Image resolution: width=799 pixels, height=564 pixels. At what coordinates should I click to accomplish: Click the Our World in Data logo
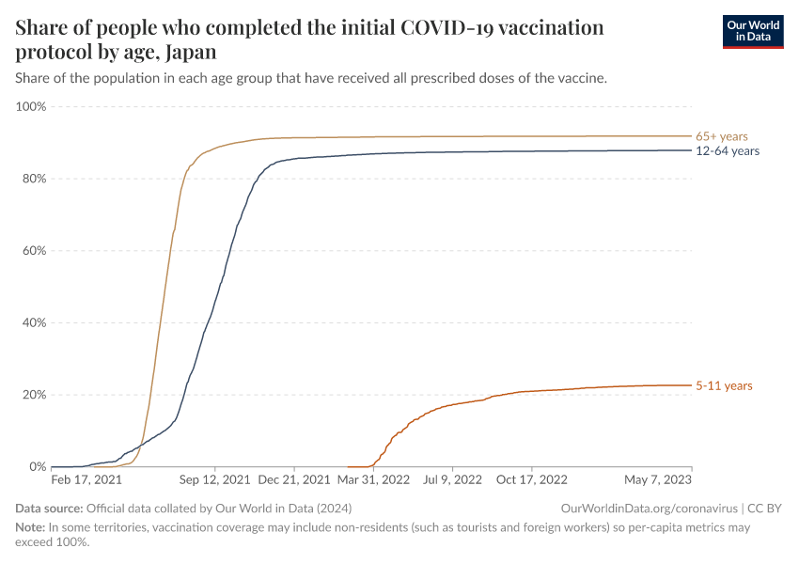(x=752, y=31)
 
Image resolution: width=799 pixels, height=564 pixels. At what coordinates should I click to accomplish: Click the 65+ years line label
(x=721, y=136)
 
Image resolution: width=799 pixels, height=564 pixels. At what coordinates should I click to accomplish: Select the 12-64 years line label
(x=727, y=150)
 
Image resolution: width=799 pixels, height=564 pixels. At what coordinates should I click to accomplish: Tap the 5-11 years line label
(x=724, y=385)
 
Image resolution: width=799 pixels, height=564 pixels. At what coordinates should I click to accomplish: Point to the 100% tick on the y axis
(x=31, y=106)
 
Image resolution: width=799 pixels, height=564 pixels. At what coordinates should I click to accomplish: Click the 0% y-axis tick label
(x=37, y=466)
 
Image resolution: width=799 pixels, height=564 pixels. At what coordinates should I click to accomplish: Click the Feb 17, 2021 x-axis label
(x=86, y=479)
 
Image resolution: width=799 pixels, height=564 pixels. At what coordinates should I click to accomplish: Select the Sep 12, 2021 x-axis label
(x=215, y=479)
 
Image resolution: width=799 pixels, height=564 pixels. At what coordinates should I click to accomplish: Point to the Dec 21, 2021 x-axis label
(x=294, y=479)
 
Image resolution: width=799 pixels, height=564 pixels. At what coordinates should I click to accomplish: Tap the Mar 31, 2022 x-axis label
(x=374, y=479)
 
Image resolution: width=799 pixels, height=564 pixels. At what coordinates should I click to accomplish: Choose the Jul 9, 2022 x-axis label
(x=453, y=479)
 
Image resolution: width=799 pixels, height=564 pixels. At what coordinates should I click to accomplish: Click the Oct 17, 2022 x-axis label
(x=532, y=479)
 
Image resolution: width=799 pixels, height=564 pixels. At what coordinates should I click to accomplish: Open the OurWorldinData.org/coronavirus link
(x=649, y=509)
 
